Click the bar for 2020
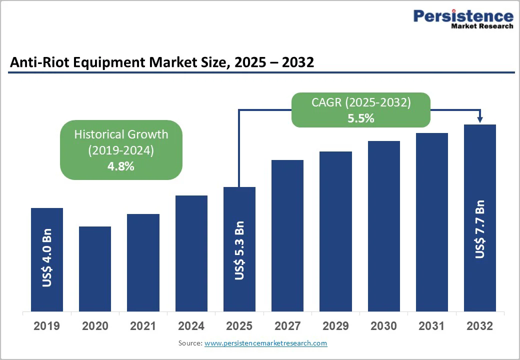point(95,268)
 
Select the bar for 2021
point(143,262)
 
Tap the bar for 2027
point(287,235)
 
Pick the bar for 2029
point(335,231)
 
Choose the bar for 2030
point(384,225)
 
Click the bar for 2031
point(431,221)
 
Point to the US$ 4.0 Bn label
point(47,258)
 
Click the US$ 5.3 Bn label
point(239,250)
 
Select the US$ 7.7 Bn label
point(480,229)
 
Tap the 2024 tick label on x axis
point(191,326)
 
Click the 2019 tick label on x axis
point(47,326)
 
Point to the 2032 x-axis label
point(479,326)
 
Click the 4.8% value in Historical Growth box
point(121,166)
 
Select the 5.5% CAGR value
point(361,118)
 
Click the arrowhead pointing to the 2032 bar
point(480,119)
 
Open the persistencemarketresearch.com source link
point(265,343)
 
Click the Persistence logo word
point(463,16)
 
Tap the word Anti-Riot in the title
point(35,62)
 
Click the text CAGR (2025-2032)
point(361,102)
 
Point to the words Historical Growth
point(121,134)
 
